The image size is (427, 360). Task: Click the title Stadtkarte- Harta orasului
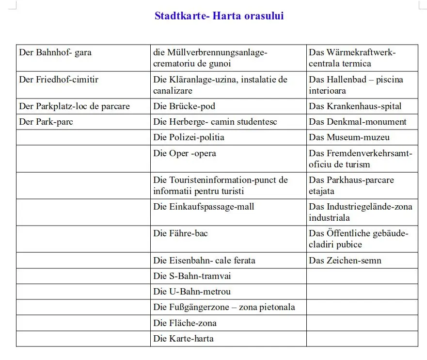tap(219, 16)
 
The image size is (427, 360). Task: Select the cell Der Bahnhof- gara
tap(55, 52)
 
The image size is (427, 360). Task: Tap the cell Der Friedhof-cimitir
tap(59, 79)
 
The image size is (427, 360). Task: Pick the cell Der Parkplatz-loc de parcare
tap(74, 106)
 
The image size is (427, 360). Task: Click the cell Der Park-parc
tap(46, 122)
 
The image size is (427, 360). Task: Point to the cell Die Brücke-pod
tap(184, 106)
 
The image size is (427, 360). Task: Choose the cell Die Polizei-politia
tap(189, 137)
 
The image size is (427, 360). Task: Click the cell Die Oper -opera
tap(185, 153)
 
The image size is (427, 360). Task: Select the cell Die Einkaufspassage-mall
tap(204, 207)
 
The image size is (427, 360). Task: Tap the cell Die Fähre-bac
tap(180, 233)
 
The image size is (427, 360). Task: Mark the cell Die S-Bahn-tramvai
tap(192, 276)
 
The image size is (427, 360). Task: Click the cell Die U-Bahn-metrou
tap(192, 292)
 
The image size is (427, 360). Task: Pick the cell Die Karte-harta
tap(183, 339)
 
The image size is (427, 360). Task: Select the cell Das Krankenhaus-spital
tap(355, 106)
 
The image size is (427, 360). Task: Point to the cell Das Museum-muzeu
tap(349, 137)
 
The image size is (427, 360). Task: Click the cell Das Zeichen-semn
tap(345, 261)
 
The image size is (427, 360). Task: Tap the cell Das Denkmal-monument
tap(358, 122)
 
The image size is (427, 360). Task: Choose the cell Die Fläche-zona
tap(185, 323)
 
